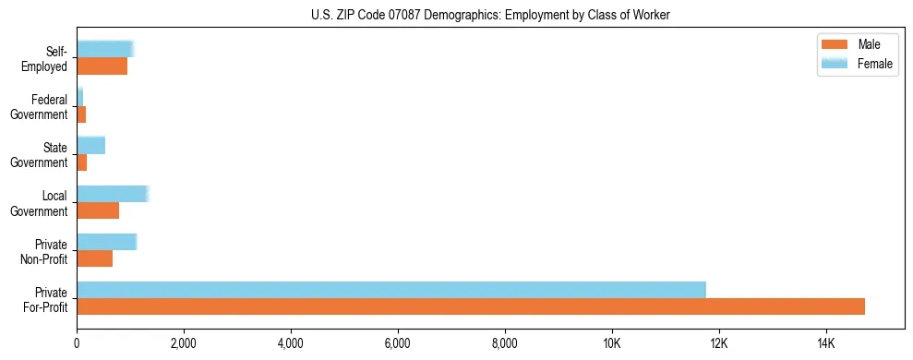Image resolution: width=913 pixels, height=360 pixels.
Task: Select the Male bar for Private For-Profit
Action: [x=471, y=306]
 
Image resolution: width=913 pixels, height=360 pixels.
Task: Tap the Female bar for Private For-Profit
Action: [x=391, y=290]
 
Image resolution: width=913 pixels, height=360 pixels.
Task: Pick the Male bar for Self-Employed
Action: [x=102, y=66]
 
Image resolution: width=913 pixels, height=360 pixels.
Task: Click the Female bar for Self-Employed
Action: [x=105, y=49]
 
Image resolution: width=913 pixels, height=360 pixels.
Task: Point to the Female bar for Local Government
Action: [x=112, y=193]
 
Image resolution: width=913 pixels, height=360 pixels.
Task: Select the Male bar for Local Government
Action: [x=98, y=210]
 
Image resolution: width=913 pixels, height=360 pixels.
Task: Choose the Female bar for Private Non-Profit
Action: [x=106, y=242]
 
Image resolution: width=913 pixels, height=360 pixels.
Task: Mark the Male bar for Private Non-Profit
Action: [x=94, y=258]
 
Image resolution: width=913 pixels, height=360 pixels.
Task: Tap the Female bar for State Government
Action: [x=90, y=145]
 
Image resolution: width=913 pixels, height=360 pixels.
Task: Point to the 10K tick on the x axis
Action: [x=611, y=344]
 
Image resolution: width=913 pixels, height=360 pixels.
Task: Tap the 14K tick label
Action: [x=825, y=344]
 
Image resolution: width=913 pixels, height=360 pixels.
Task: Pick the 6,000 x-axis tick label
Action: [x=398, y=344]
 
